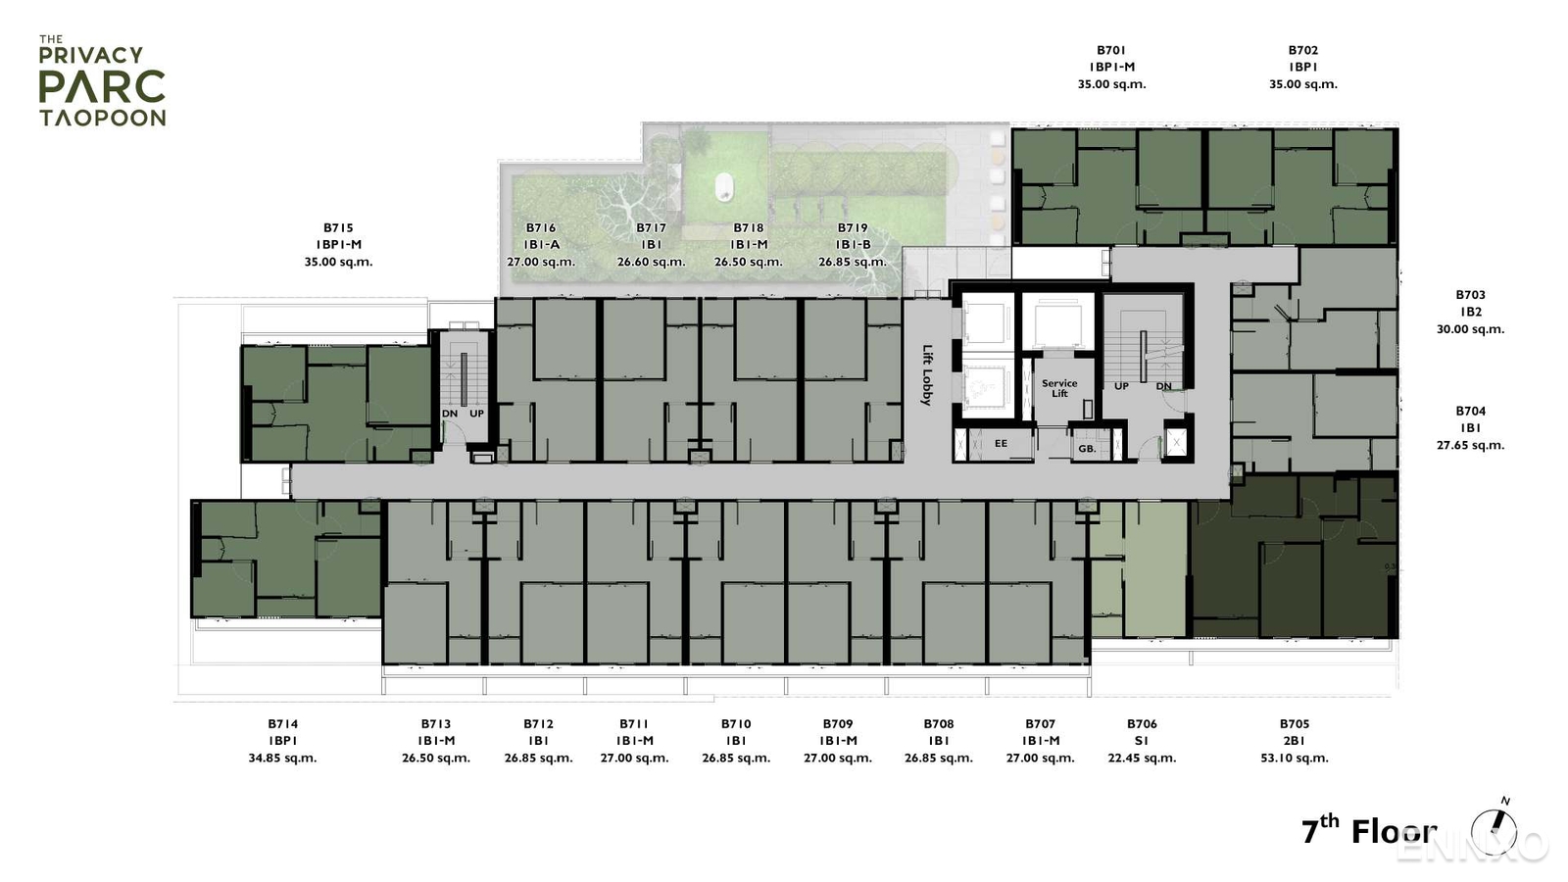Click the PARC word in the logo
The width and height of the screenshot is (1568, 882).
102,87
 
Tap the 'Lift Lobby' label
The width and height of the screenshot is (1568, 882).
927,374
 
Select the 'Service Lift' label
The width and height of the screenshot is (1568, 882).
1059,388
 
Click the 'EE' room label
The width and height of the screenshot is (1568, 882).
1001,444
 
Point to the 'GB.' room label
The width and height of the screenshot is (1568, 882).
1087,449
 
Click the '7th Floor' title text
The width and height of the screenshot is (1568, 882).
1368,831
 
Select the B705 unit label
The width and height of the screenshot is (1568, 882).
1295,724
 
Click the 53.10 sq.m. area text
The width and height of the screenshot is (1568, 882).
1295,758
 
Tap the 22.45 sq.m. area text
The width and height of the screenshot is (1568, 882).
1142,758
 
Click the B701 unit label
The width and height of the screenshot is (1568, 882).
1111,50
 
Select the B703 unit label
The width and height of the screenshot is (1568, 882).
1470,294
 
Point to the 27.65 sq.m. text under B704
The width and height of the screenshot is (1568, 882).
1470,445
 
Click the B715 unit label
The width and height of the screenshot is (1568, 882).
338,227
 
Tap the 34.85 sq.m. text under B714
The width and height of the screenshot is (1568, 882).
282,758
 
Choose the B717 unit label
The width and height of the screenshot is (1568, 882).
652,227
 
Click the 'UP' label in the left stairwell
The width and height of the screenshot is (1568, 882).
476,414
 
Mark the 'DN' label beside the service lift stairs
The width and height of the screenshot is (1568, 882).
1163,386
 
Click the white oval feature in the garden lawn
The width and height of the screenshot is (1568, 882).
723,185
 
